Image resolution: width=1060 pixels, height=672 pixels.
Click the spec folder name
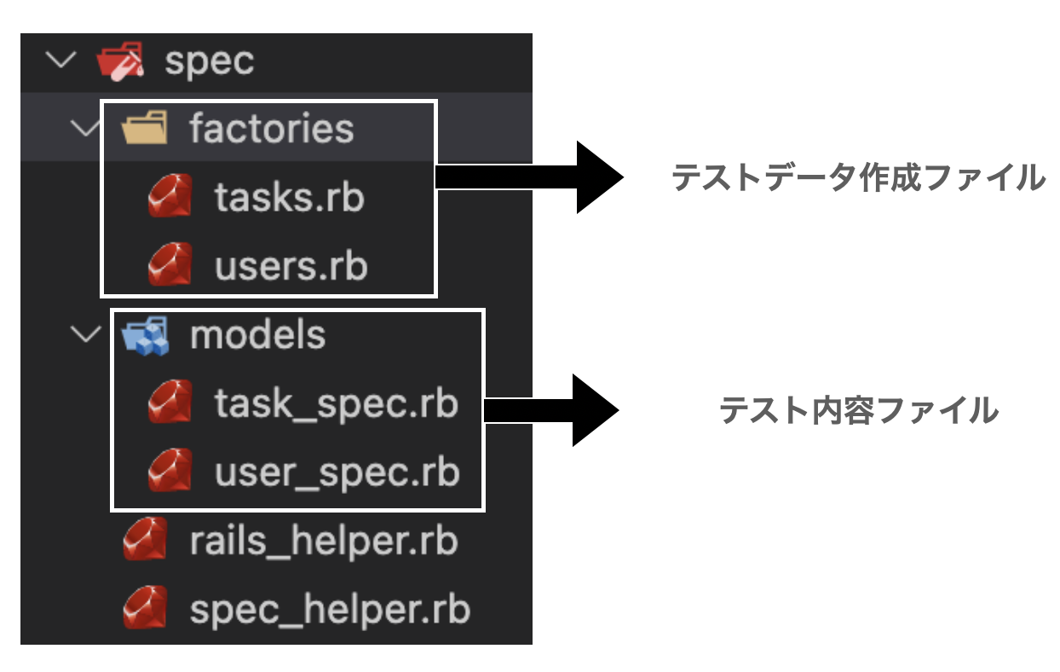209,62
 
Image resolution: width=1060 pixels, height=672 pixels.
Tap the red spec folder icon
120,62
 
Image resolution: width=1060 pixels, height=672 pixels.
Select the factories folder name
271,129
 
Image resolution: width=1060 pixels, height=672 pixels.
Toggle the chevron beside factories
85,129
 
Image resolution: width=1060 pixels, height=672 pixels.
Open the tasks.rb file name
289,198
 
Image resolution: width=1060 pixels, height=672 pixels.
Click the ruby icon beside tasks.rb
169,198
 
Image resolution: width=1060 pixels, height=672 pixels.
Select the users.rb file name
291,266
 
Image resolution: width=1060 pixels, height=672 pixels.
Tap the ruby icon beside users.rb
169,266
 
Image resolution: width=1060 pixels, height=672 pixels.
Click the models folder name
257,335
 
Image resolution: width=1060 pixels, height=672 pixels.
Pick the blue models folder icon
145,335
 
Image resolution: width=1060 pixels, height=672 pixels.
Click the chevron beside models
85,334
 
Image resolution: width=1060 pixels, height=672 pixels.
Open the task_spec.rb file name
336,403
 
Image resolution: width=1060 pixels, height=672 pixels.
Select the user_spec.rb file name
337,472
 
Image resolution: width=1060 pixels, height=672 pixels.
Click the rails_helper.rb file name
324,541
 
